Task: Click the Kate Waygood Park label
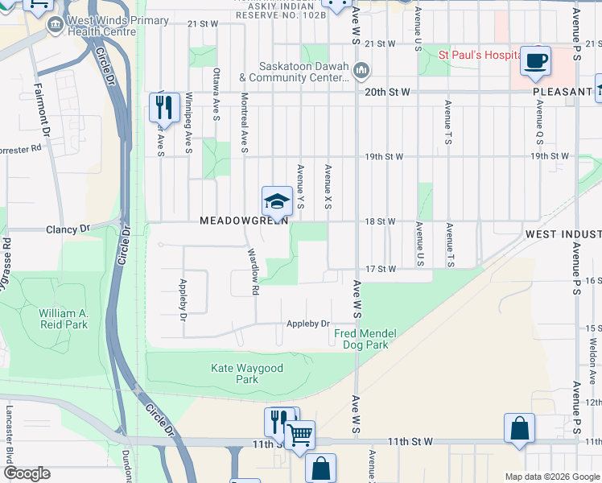coord(235,374)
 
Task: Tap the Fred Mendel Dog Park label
coord(362,339)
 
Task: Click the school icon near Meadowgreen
coord(277,202)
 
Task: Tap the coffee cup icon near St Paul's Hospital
coord(535,61)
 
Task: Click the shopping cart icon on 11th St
coord(300,436)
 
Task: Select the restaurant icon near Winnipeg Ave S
coord(164,106)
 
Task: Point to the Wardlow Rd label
coord(253,270)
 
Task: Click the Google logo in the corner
coord(27,473)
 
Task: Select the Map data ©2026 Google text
coord(552,477)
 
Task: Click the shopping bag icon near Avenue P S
coord(519,428)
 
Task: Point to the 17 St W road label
coord(380,270)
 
